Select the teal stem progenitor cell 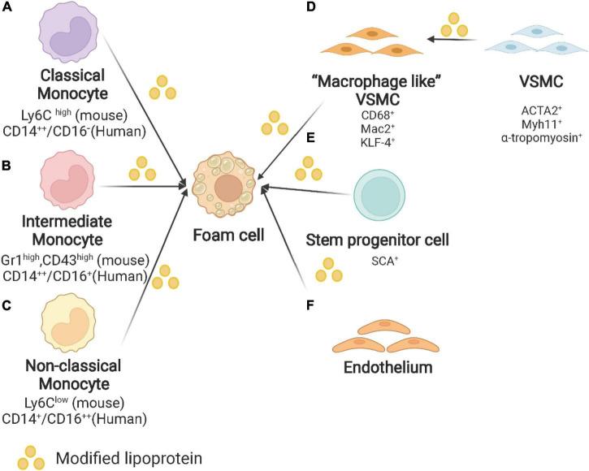[x=387, y=192]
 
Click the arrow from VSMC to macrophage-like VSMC [x=454, y=38]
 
